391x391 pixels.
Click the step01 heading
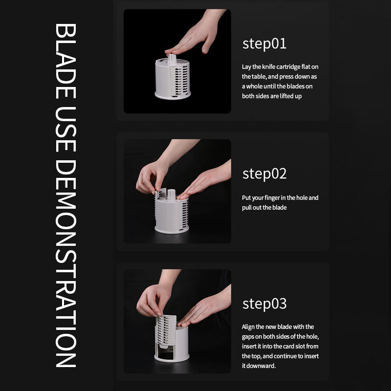264,44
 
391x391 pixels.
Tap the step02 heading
264,174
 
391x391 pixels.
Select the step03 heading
264,304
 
